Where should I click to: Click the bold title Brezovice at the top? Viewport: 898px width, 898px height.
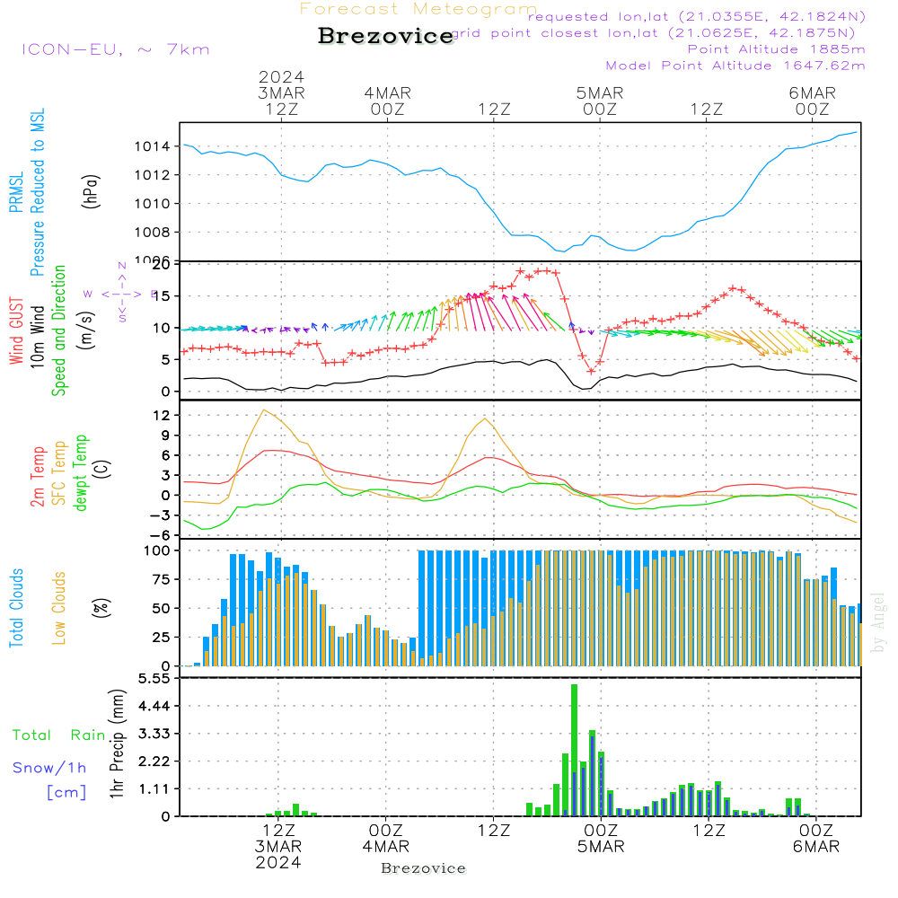[385, 37]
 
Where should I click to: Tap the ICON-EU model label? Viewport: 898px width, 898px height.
[115, 49]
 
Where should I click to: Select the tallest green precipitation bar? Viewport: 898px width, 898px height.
[574, 750]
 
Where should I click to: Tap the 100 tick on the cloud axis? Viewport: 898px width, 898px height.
[158, 550]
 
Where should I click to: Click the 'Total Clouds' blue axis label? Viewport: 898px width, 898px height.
[16, 608]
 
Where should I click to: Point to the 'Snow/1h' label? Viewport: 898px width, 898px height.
[49, 768]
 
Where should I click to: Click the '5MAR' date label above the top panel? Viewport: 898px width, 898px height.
[600, 92]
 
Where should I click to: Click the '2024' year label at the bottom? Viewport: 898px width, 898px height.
[278, 863]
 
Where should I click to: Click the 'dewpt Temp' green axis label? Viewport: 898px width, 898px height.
[81, 473]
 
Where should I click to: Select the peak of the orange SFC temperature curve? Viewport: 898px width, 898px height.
[263, 410]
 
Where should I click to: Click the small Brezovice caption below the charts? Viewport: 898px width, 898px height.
[423, 868]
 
